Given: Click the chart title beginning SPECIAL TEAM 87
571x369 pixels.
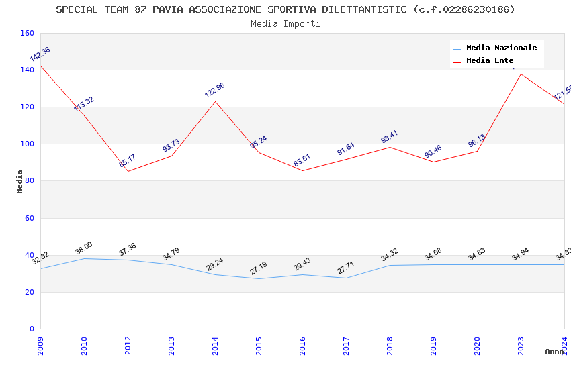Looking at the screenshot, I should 285,9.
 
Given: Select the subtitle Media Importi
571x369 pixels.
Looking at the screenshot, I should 285,23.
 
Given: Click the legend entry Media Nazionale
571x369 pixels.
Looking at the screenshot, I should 501,48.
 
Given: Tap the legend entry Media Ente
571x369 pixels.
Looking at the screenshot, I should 490,60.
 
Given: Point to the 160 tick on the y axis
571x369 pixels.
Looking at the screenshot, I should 27,33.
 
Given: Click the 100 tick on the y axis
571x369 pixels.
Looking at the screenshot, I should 27,144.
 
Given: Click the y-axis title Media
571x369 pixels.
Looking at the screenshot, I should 20,181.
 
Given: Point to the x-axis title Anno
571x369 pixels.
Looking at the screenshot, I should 554,352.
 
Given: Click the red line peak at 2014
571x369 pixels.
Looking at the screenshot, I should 215,101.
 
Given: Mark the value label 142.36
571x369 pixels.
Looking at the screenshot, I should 40,54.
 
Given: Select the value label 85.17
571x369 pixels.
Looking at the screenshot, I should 128,161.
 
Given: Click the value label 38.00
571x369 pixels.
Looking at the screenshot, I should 84,248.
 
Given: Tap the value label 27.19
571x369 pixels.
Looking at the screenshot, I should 259,268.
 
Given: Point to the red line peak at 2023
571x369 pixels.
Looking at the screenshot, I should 521,74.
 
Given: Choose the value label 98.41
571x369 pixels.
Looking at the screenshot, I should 390,137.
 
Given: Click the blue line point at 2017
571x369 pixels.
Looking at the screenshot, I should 346,278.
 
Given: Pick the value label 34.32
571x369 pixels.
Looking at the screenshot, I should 390,255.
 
